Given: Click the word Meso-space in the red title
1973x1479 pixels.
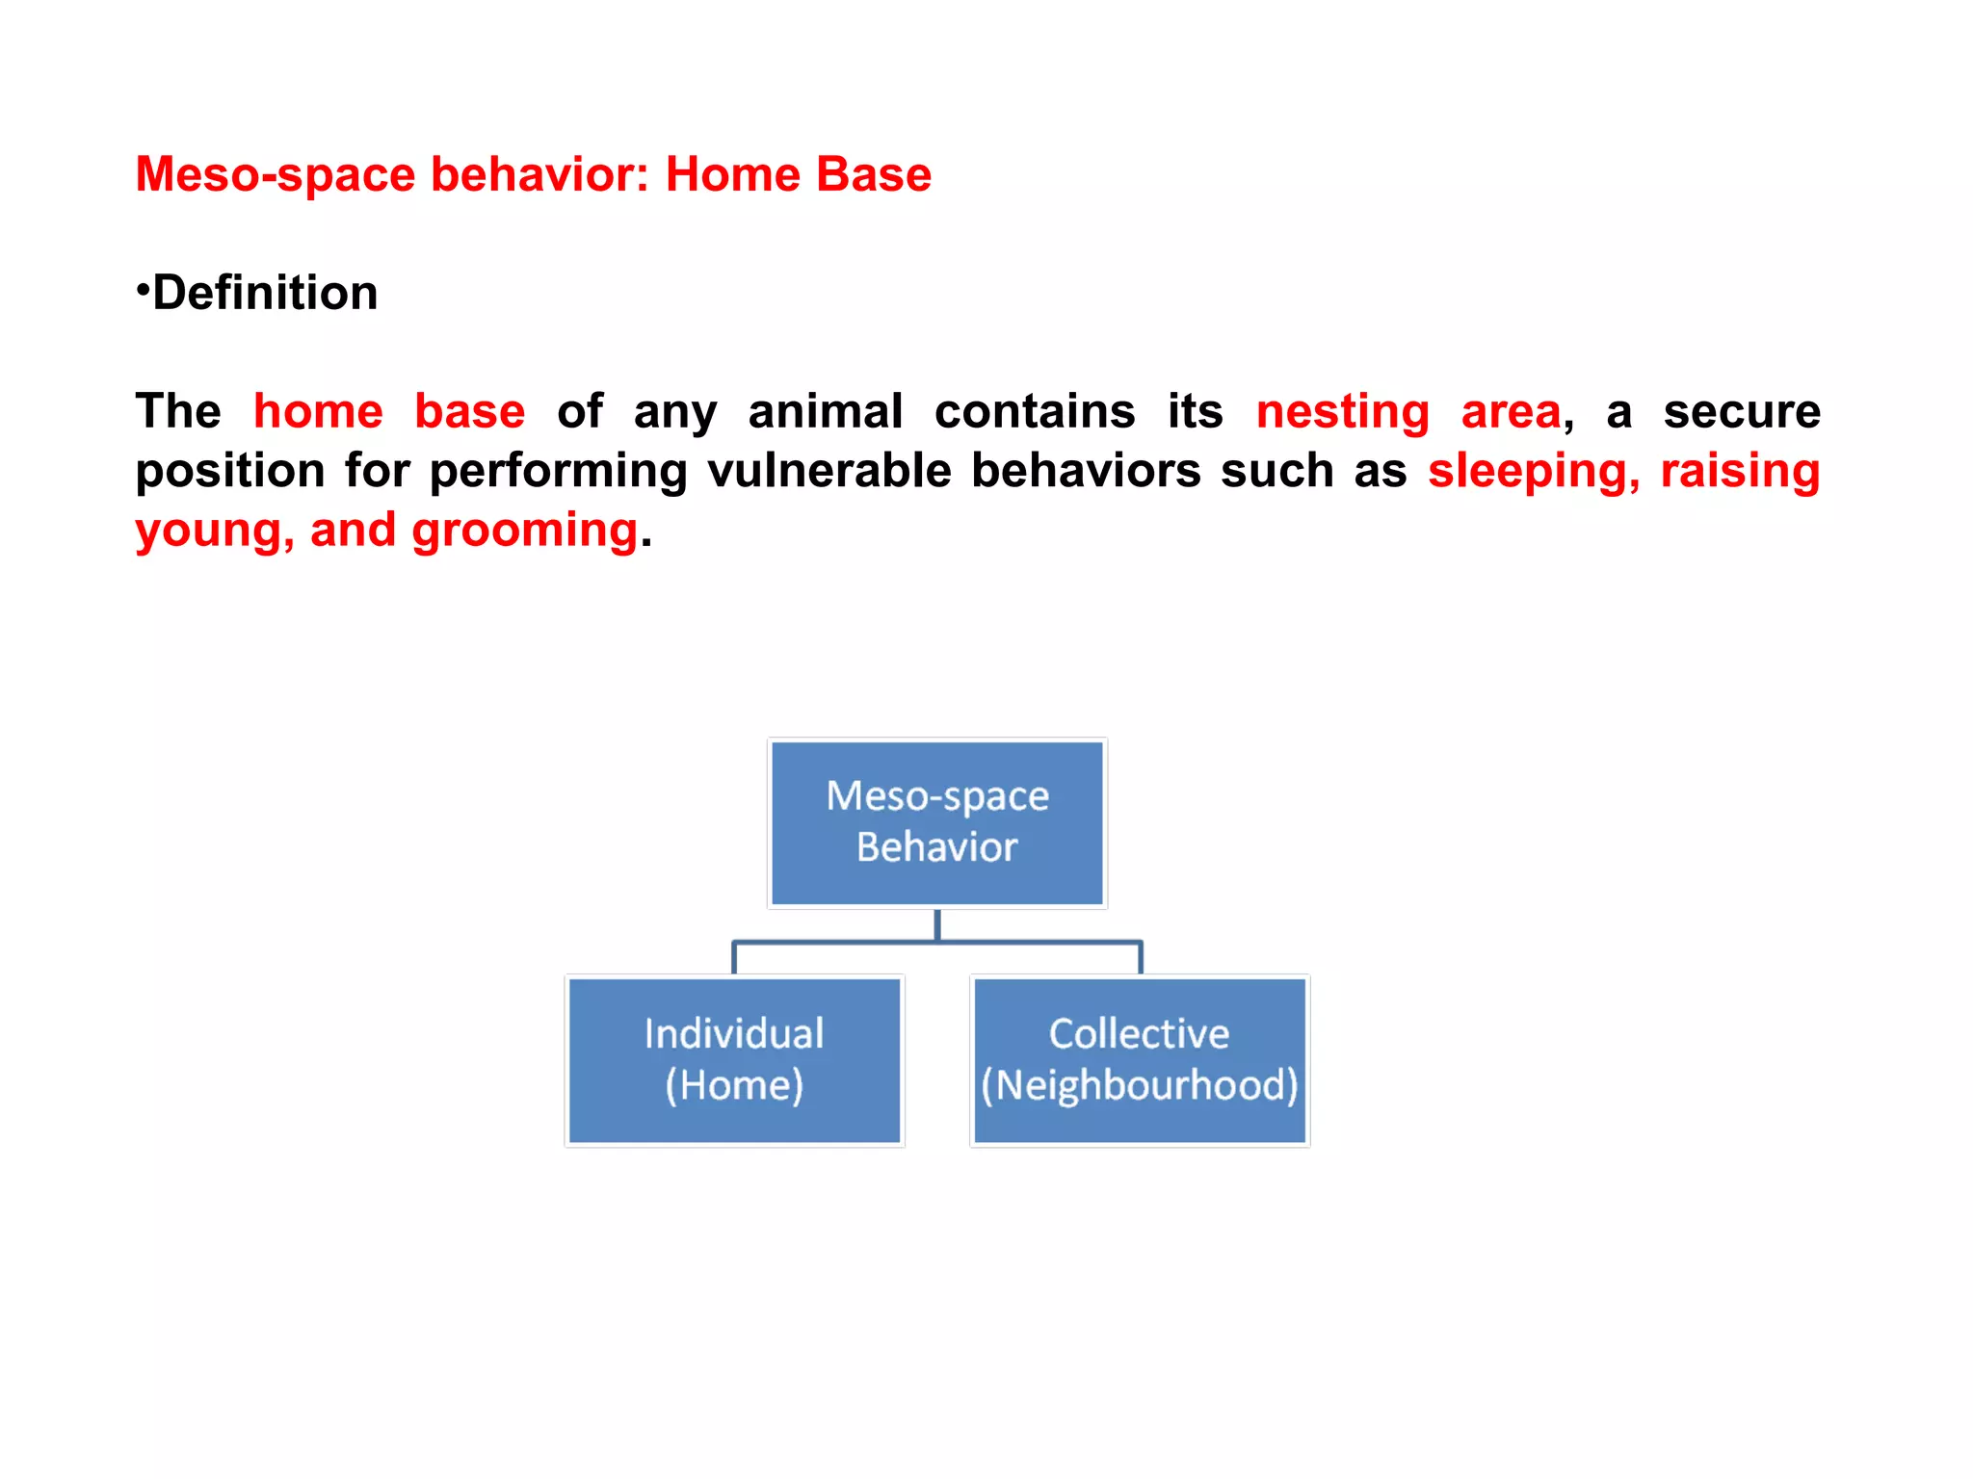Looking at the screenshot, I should click(276, 175).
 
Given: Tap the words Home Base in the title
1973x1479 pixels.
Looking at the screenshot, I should click(798, 175).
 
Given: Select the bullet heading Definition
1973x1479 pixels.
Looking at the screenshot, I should click(265, 293).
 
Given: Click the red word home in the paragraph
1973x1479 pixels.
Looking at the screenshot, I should click(318, 411).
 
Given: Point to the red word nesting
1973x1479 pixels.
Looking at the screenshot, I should click(1342, 413).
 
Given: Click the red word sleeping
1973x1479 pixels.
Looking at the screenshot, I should click(1533, 472).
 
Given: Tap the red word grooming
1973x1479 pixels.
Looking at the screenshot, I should click(524, 532).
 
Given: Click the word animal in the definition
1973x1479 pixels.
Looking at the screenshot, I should click(825, 411).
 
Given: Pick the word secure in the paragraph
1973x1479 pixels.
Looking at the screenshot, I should click(1741, 411).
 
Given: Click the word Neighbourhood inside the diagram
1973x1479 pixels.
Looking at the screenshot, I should click(1140, 1085).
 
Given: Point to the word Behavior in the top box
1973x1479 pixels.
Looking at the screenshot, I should click(936, 847).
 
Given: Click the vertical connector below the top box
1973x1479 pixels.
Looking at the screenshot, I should click(936, 924).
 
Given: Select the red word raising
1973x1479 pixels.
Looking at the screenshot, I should click(1739, 472).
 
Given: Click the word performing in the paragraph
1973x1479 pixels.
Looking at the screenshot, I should click(558, 472).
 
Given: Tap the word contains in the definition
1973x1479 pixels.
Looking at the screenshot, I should click(1035, 411).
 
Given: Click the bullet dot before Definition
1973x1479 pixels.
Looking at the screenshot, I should click(142, 288).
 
